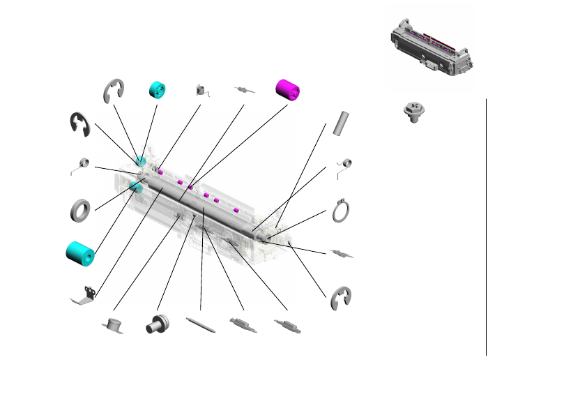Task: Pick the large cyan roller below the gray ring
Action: tap(79, 253)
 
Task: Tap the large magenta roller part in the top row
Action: tap(288, 89)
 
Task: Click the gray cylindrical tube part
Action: tap(340, 122)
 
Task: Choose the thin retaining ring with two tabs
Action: tap(341, 211)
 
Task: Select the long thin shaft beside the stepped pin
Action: tap(201, 326)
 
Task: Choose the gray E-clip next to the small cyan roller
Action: tap(114, 91)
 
